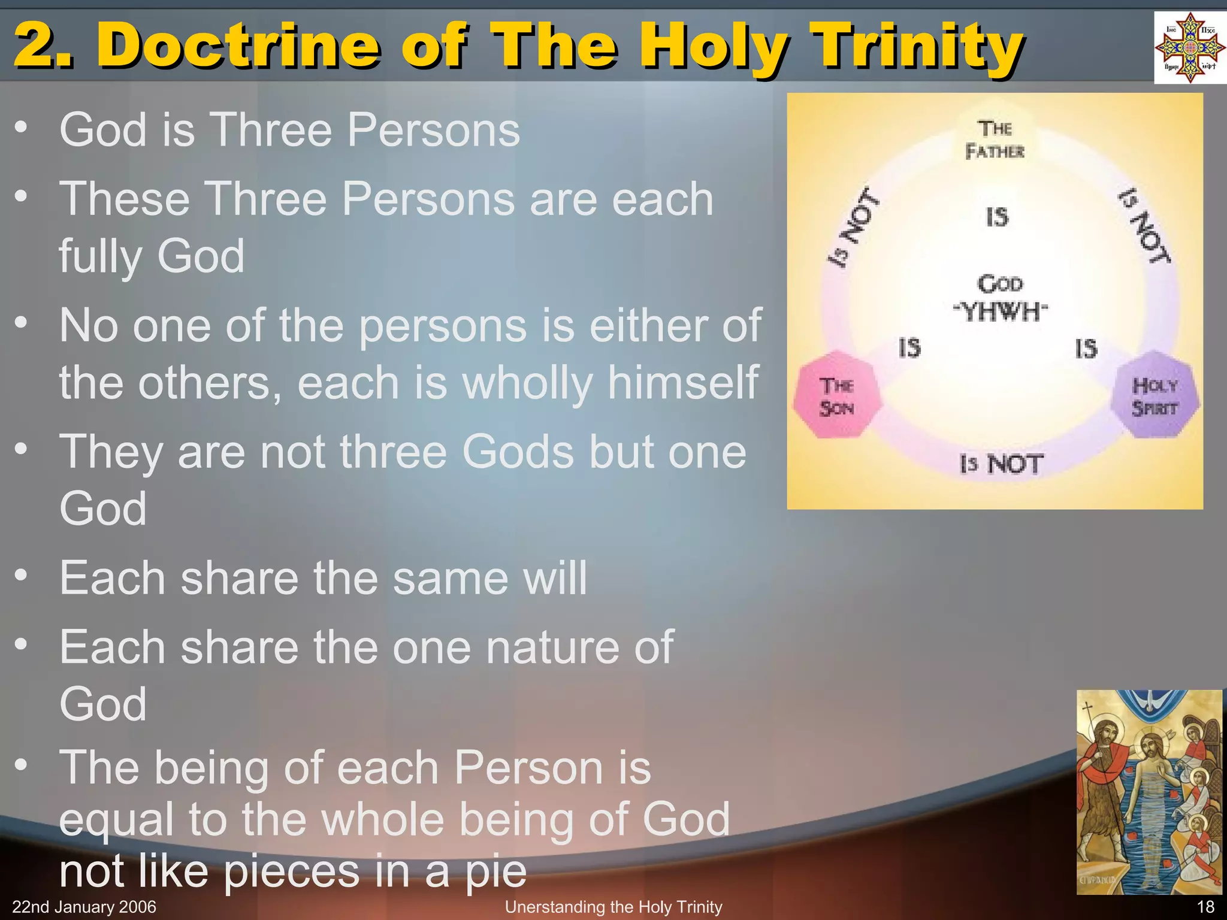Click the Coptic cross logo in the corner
(1189, 47)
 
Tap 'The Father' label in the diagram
(995, 140)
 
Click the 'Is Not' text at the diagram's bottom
(1001, 464)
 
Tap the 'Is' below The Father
(998, 217)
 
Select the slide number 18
(1205, 907)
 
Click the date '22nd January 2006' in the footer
(84, 907)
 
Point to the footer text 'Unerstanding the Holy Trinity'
(613, 907)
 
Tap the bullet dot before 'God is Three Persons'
(22, 127)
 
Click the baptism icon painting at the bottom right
(1149, 792)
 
